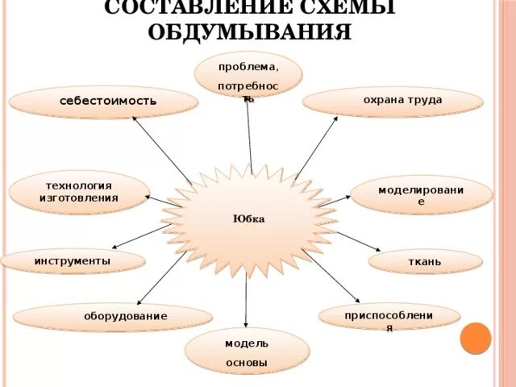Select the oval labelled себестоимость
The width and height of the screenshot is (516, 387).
tap(103, 102)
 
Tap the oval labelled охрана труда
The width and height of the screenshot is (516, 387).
tap(393, 102)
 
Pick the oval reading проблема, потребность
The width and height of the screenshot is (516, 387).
tap(248, 74)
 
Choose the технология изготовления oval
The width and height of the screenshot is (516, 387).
tap(78, 192)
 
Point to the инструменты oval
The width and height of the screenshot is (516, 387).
tap(73, 261)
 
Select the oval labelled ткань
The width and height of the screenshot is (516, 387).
tap(425, 261)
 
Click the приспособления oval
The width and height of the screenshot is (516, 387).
tap(389, 317)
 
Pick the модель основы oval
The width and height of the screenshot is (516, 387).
tap(247, 352)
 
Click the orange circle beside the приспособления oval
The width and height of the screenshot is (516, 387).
tap(475, 338)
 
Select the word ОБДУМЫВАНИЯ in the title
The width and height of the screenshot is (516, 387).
tap(250, 31)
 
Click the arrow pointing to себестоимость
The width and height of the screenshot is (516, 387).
tap(161, 150)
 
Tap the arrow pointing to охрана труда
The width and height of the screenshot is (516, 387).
tap(316, 148)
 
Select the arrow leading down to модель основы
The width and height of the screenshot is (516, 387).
tap(246, 302)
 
